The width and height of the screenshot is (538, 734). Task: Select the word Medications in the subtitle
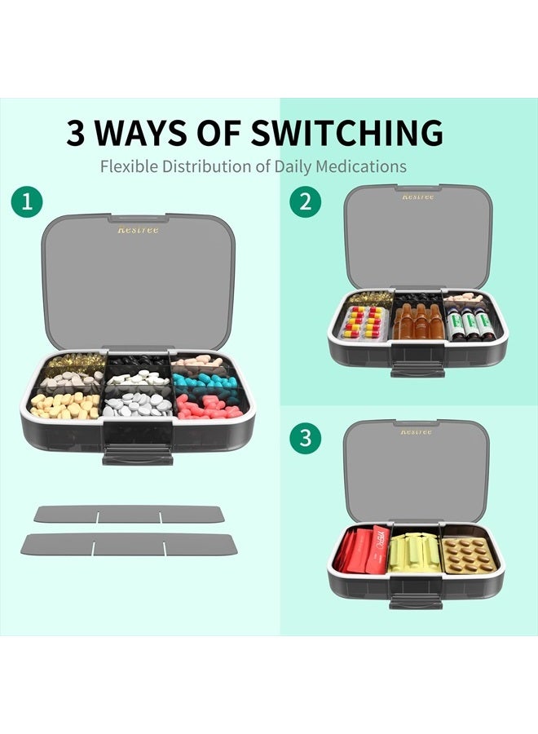pos(361,166)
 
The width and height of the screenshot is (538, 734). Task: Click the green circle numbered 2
pos(305,202)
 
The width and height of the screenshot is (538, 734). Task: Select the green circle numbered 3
pos(305,437)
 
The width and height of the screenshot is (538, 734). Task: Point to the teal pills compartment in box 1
pos(205,381)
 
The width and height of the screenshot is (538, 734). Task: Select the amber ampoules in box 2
pos(417,323)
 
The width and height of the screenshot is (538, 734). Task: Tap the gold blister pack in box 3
pos(470,553)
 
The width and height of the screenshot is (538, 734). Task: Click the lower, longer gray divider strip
pos(129,544)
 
